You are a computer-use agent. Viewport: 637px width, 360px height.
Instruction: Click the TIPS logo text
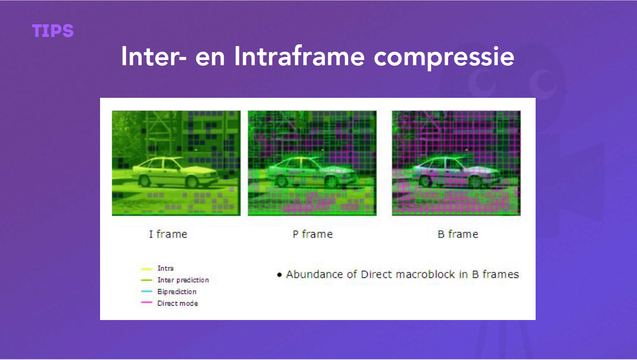point(53,31)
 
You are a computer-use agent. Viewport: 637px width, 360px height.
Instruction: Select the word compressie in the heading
point(444,58)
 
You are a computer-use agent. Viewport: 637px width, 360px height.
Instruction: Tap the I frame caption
point(168,234)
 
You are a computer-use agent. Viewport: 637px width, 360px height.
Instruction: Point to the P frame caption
point(312,234)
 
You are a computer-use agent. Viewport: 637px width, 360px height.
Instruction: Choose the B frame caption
point(458,234)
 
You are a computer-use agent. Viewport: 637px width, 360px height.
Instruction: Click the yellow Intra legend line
point(147,269)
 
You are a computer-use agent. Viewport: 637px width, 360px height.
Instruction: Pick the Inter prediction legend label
point(183,280)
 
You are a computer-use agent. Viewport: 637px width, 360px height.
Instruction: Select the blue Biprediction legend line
point(147,291)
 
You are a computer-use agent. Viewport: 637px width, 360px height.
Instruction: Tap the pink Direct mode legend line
point(147,302)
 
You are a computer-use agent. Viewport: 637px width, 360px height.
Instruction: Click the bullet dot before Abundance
point(279,275)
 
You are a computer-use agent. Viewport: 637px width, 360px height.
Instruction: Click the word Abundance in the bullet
point(315,274)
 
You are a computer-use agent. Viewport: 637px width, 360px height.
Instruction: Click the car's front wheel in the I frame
point(191,182)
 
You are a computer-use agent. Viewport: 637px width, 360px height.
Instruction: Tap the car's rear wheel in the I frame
point(144,181)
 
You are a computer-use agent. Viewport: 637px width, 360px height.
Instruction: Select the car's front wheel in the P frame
point(332,182)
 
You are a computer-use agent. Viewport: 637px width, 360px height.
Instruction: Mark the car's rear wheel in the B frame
point(426,181)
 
